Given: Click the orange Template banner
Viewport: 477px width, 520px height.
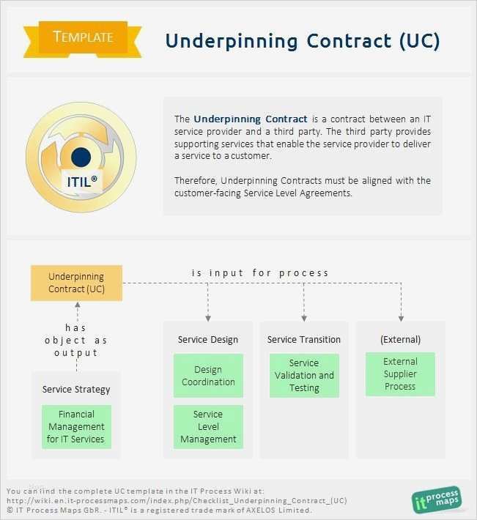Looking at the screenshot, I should (84, 37).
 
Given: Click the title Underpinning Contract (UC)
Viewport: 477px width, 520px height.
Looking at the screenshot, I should (303, 40).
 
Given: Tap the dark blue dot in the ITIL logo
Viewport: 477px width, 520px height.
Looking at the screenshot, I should (81, 156).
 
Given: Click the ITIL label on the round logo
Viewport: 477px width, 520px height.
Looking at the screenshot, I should (84, 181).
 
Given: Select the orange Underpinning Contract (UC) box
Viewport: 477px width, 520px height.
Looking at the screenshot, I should (76, 283).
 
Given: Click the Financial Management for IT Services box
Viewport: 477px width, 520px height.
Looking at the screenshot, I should (76, 427).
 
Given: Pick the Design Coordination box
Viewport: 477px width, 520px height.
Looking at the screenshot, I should (208, 376).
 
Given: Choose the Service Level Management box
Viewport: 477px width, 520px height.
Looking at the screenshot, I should (208, 427).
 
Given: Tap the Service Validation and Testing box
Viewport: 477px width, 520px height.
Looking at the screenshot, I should (304, 376).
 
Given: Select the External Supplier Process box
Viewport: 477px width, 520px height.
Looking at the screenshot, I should (400, 374).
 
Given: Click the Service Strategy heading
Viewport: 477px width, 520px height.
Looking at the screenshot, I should (76, 389).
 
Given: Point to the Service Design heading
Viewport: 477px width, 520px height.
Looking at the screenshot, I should (208, 340).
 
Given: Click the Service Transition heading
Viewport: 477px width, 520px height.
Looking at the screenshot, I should (304, 340).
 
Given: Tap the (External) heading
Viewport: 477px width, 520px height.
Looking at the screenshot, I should (400, 340).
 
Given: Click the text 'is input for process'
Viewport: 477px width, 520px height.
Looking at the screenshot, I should (260, 272).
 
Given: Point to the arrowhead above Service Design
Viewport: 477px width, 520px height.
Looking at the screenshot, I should (208, 318).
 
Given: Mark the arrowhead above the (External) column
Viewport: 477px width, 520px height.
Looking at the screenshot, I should (401, 318).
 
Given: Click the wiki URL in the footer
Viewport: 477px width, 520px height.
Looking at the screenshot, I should (177, 500).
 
